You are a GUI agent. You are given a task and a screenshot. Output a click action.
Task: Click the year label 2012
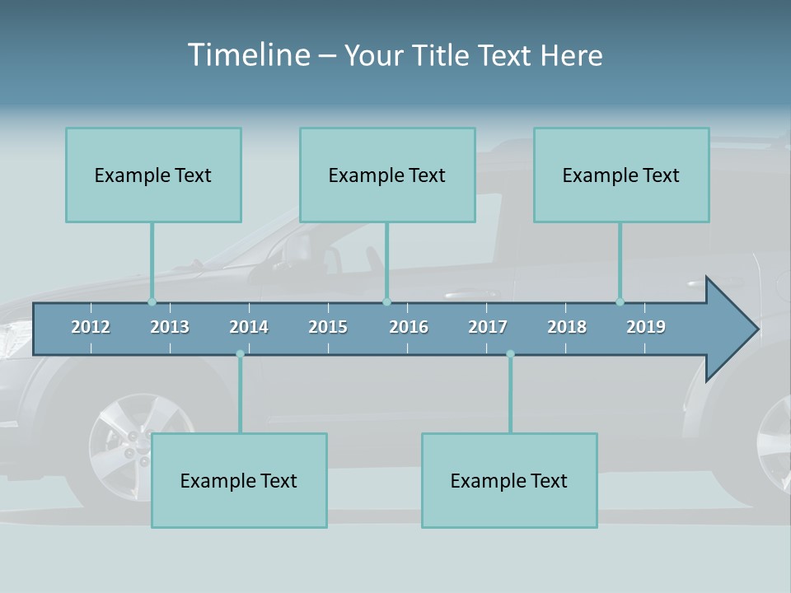pyautogui.click(x=91, y=327)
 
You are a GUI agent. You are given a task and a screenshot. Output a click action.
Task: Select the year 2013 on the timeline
pyautogui.click(x=170, y=327)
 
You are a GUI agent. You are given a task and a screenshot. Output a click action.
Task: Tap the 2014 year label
pyautogui.click(x=249, y=327)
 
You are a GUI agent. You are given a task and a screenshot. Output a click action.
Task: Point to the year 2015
pyautogui.click(x=328, y=327)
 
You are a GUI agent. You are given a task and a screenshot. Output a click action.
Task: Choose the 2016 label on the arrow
pyautogui.click(x=409, y=327)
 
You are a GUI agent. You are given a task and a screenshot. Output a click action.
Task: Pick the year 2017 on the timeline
pyautogui.click(x=488, y=327)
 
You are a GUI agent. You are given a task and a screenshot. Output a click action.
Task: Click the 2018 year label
pyautogui.click(x=567, y=327)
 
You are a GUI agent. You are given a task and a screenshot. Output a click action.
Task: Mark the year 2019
pyautogui.click(x=646, y=327)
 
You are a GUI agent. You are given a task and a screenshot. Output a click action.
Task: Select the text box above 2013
pyautogui.click(x=153, y=175)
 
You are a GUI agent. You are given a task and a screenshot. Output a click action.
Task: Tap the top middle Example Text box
pyautogui.click(x=387, y=175)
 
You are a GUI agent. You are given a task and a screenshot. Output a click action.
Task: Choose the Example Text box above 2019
pyautogui.click(x=621, y=175)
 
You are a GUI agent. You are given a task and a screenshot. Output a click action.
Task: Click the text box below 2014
pyautogui.click(x=239, y=481)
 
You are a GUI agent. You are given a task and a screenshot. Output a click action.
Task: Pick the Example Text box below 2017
pyautogui.click(x=509, y=481)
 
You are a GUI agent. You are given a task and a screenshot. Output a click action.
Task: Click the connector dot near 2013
pyautogui.click(x=152, y=301)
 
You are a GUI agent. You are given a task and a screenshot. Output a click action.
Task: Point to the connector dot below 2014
pyautogui.click(x=240, y=354)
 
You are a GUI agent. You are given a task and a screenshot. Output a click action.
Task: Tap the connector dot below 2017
pyautogui.click(x=510, y=354)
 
